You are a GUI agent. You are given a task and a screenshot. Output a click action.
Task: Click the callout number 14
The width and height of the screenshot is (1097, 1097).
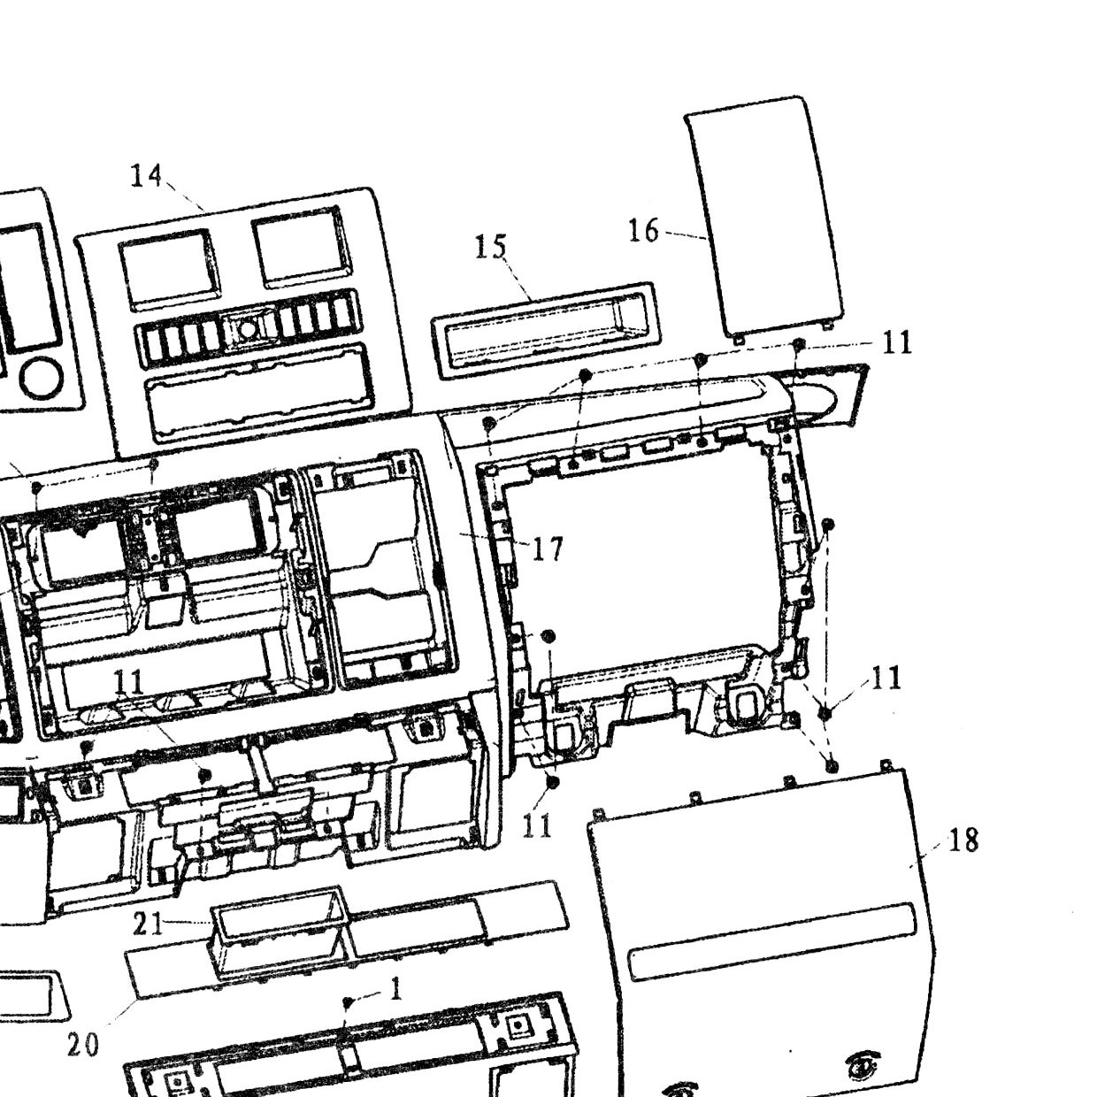tap(146, 176)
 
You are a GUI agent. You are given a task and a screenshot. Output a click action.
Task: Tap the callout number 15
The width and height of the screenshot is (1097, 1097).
tap(490, 248)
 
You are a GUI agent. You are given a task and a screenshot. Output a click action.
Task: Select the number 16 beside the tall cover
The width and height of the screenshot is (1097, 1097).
tap(643, 231)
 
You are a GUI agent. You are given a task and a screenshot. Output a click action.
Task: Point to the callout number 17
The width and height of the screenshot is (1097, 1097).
tap(548, 548)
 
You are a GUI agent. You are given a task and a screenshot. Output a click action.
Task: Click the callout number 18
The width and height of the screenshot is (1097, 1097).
tap(963, 840)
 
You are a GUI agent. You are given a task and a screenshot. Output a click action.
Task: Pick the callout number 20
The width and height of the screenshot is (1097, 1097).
tap(83, 1045)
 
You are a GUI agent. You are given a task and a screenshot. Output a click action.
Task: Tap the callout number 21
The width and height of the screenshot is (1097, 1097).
tap(148, 924)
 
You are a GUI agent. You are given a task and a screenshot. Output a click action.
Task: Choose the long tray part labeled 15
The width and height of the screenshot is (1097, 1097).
tap(545, 331)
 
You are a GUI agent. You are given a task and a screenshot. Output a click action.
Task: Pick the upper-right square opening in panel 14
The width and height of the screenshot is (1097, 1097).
tap(298, 247)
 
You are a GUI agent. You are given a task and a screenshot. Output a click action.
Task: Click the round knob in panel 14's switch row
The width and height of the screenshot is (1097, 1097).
tap(247, 329)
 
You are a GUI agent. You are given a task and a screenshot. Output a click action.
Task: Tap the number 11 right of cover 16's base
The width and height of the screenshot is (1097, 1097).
tap(897, 342)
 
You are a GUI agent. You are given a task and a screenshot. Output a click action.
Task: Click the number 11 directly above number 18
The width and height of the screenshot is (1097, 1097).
tap(886, 678)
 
